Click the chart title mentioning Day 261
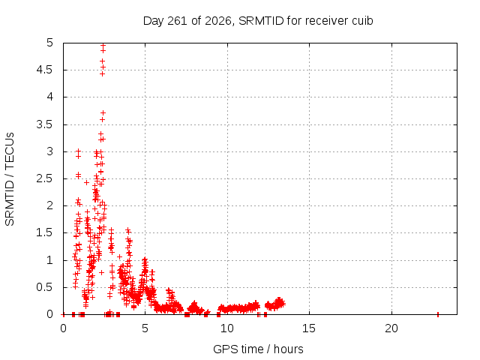tap(258, 21)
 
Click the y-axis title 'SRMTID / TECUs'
tap(10, 179)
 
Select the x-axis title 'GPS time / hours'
tap(258, 349)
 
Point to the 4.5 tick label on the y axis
tap(45, 70)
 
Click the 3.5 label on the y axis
tap(45, 124)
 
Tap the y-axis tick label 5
tap(50, 43)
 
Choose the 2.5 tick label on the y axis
tap(45, 178)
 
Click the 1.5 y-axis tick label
tap(45, 232)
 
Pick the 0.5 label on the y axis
tap(45, 287)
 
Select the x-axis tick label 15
tap(309, 328)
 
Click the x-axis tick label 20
tap(391, 328)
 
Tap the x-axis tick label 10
tap(226, 328)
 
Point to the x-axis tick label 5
tap(145, 328)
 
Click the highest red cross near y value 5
tap(103, 45)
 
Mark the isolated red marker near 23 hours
tap(438, 314)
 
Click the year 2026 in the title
tap(217, 21)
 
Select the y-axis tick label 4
tap(50, 97)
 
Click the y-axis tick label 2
tap(50, 205)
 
